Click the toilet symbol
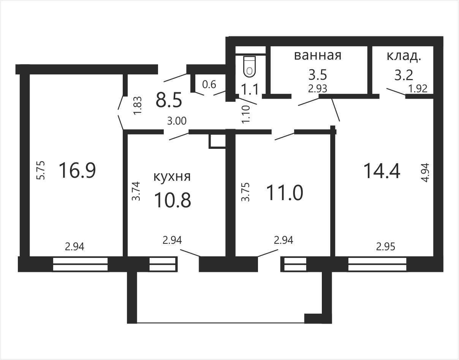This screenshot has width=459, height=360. click(x=250, y=66)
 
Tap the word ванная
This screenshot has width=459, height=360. click(x=318, y=55)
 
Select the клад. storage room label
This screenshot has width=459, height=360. click(x=404, y=56)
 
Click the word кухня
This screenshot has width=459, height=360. click(x=172, y=177)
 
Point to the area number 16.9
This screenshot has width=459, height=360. click(x=77, y=170)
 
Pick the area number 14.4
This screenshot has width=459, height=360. click(x=382, y=171)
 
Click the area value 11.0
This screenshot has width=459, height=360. click(x=285, y=193)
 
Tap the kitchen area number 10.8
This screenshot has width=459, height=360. click(x=173, y=200)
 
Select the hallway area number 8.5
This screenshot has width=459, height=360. click(x=169, y=100)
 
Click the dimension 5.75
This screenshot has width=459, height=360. click(x=41, y=170)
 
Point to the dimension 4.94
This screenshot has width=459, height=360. click(x=425, y=172)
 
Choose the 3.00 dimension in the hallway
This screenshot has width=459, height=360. click(x=177, y=121)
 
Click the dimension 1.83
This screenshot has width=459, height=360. click(x=137, y=106)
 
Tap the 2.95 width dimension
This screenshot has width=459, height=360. click(x=386, y=246)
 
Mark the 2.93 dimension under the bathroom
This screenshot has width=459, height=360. click(x=318, y=88)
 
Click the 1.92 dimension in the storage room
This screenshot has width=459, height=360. click(x=418, y=88)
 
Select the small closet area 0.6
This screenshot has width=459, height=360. click(x=209, y=85)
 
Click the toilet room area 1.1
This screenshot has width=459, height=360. click(x=250, y=89)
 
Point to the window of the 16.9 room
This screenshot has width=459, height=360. click(x=80, y=264)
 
